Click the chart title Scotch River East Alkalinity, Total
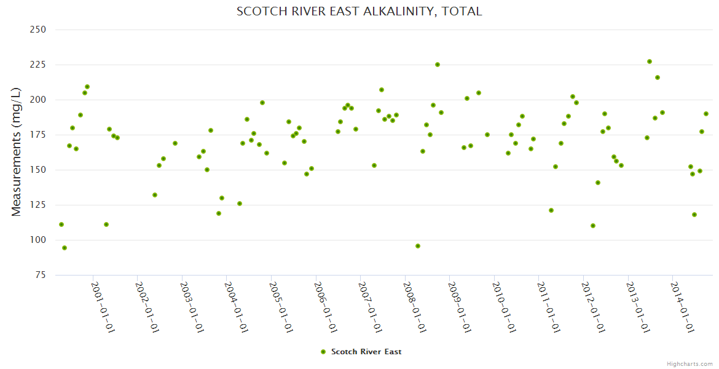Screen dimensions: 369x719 pyautogui.click(x=359, y=12)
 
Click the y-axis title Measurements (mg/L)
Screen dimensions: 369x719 pyautogui.click(x=17, y=152)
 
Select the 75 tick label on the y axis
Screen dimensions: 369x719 pyautogui.click(x=41, y=275)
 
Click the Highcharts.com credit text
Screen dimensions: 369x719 pyautogui.click(x=690, y=363)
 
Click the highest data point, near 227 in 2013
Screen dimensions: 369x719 pyautogui.click(x=650, y=61)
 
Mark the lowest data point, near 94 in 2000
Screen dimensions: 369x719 pyautogui.click(x=65, y=248)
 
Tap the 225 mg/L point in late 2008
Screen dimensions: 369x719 pyautogui.click(x=438, y=65)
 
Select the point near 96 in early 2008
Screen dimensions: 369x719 pyautogui.click(x=418, y=246)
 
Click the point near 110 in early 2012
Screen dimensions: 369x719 pyautogui.click(x=593, y=226)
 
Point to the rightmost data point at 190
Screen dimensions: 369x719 pyautogui.click(x=706, y=114)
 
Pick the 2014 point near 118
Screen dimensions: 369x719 pyautogui.click(x=694, y=215)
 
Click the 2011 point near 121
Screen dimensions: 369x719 pyautogui.click(x=551, y=210)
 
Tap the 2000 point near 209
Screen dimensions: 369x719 pyautogui.click(x=87, y=87)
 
